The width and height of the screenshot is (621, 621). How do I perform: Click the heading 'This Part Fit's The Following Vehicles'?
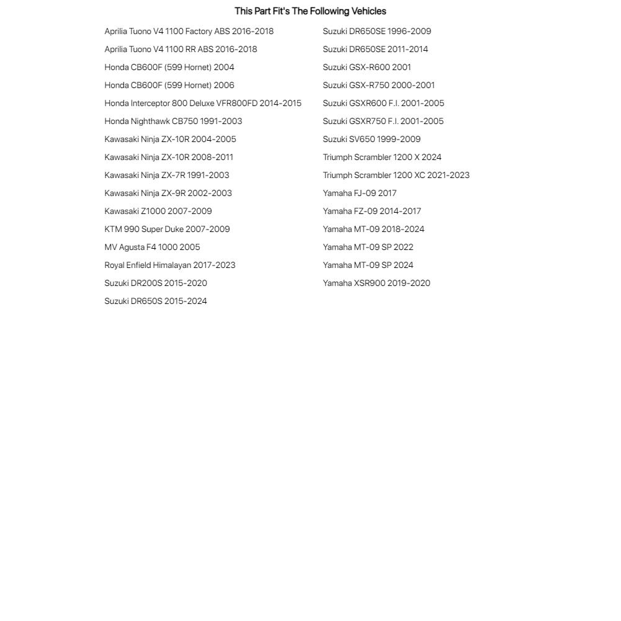tap(310, 11)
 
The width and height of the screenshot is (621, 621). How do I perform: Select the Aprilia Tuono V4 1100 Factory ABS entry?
tap(189, 31)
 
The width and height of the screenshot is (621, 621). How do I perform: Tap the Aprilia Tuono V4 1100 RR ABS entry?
tap(181, 49)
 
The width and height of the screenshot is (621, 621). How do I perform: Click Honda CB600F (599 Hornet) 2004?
tap(169, 67)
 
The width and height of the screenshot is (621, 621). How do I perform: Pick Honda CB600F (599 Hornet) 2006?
tap(169, 85)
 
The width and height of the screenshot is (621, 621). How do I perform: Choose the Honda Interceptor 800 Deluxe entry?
tap(203, 103)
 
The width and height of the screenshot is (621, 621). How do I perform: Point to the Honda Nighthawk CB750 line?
tap(173, 121)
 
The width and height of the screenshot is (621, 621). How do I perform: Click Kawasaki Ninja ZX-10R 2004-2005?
tap(170, 139)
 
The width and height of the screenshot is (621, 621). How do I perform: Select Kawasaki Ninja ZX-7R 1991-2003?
tap(167, 175)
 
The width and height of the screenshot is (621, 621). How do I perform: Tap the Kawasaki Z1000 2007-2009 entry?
tap(158, 211)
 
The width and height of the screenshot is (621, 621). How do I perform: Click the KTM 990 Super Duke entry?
tap(167, 229)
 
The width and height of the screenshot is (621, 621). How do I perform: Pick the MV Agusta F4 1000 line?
tap(152, 247)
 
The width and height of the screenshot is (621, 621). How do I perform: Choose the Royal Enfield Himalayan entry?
tap(170, 265)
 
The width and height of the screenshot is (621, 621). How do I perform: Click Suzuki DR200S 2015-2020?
tap(156, 283)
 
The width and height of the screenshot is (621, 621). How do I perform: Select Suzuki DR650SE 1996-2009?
tap(377, 31)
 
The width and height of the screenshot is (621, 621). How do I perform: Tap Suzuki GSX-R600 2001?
tap(367, 67)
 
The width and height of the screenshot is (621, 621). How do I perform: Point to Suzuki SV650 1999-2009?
tap(372, 139)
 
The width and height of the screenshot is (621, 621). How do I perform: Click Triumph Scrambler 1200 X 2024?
tap(382, 157)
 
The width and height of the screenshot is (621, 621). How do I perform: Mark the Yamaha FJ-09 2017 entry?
tap(360, 193)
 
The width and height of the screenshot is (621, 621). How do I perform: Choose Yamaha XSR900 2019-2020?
tap(377, 283)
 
